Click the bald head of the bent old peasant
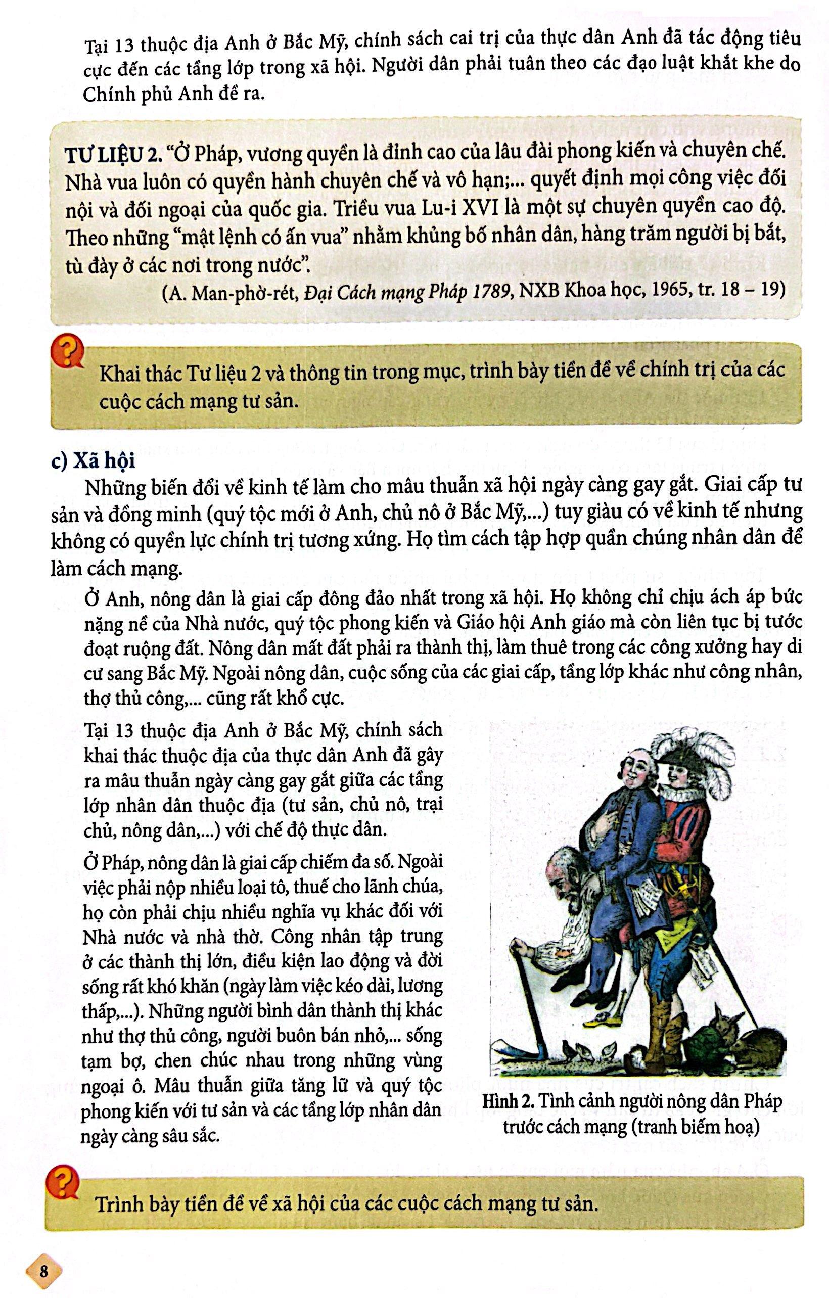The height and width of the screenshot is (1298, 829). [555, 868]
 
